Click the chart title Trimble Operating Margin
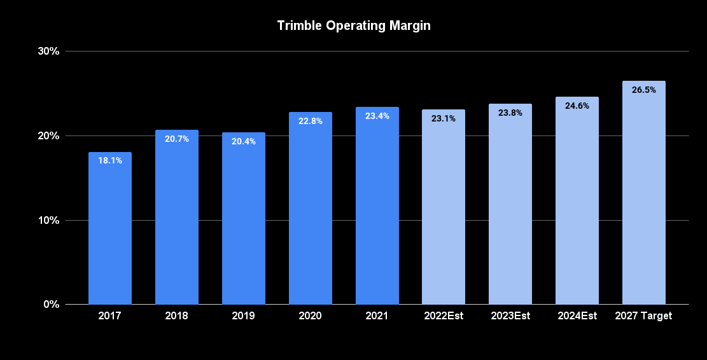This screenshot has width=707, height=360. coord(354,26)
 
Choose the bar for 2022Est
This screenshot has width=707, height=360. coord(444,207)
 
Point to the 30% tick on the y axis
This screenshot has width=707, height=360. coord(49,51)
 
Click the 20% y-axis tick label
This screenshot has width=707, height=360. coord(49,135)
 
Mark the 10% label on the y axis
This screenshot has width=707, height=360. coord(49,220)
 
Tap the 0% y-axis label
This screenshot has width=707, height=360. coord(52,304)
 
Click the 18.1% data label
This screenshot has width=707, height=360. coord(110,160)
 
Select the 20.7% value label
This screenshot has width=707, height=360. coord(177,139)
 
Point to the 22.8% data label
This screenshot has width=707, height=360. coord(311,121)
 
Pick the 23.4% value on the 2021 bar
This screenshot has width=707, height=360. coord(377,116)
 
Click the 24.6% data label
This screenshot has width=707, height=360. coord(577,106)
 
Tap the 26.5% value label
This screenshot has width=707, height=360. coord(644,90)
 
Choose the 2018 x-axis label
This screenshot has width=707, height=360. coord(177,316)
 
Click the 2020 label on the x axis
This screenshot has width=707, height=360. coord(311,316)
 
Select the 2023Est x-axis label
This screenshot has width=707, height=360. coord(510,316)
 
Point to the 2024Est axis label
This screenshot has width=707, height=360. coord(577,316)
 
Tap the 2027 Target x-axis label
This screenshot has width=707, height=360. coord(644,316)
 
